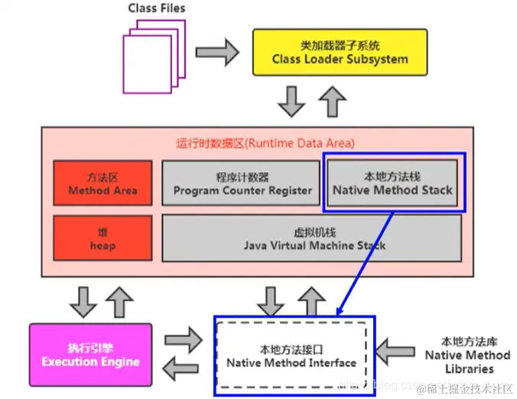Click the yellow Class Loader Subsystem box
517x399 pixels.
(x=330, y=53)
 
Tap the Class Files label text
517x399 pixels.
(x=157, y=8)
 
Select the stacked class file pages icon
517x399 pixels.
(x=154, y=58)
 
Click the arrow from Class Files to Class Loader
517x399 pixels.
(x=217, y=52)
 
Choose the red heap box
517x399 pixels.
(x=102, y=239)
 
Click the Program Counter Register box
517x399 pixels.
(x=242, y=183)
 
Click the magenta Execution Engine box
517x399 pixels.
(x=90, y=355)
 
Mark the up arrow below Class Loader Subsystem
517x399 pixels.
(x=332, y=99)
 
